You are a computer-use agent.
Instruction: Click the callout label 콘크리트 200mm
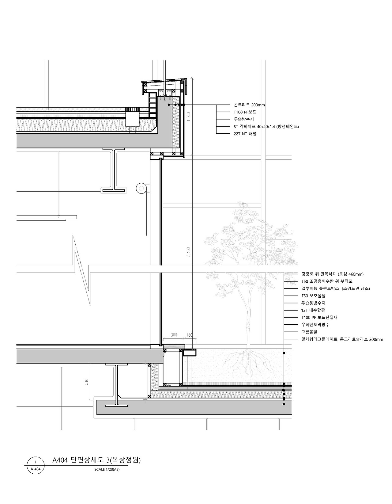[249, 105]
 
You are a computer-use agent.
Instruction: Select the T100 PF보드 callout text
[245, 112]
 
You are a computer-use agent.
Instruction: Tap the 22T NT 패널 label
[245, 134]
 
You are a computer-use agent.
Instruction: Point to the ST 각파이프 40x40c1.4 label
[266, 126]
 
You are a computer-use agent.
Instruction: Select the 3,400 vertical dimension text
[189, 252]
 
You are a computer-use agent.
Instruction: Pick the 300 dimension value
[174, 335]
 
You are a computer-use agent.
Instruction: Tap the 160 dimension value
[190, 335]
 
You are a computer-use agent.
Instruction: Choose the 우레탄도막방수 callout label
[315, 325]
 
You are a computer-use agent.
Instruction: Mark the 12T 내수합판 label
[313, 310]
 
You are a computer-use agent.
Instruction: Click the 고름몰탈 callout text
[309, 332]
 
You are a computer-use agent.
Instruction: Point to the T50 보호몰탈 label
[313, 296]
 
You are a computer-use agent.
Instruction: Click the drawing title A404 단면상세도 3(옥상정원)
[96, 460]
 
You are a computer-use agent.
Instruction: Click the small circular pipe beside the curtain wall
[141, 188]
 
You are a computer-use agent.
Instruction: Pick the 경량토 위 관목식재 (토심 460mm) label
[332, 274]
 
